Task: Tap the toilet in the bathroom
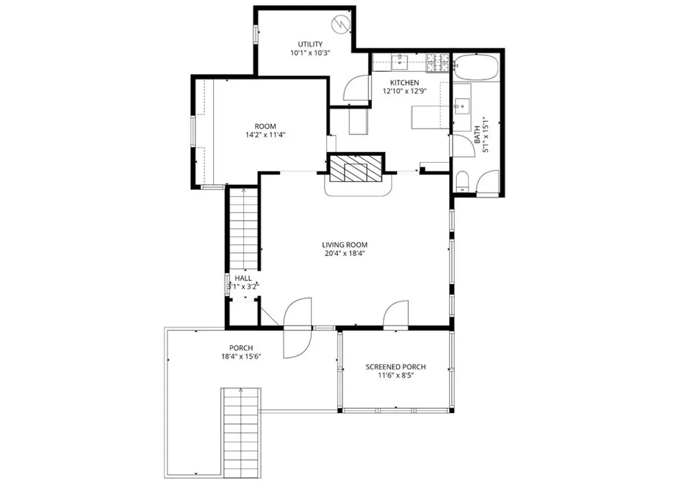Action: pos(461,181)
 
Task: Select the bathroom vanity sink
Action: pos(462,106)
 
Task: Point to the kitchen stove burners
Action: pos(437,63)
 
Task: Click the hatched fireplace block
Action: pos(355,168)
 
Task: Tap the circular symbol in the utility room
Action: pos(340,26)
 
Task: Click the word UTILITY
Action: pos(310,44)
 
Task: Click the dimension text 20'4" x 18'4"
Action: pos(345,253)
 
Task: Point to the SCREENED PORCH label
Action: pos(396,367)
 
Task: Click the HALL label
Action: pos(243,278)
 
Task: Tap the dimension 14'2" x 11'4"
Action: pos(265,135)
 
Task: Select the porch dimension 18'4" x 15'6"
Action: pos(241,356)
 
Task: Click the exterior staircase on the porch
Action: pos(242,431)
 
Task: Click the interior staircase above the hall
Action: pos(243,229)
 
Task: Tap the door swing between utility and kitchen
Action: pos(356,90)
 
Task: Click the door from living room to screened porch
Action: pos(396,315)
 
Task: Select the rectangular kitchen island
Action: pos(429,118)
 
